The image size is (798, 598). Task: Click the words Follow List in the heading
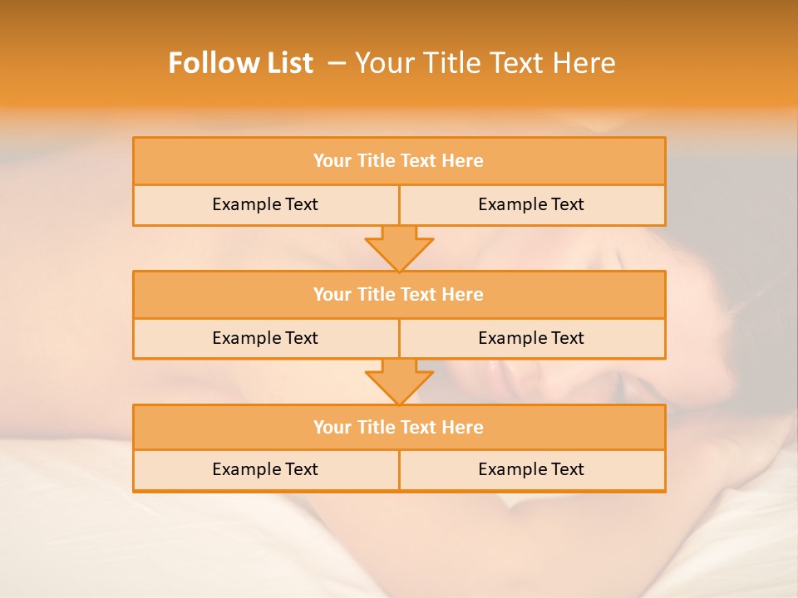[x=240, y=63]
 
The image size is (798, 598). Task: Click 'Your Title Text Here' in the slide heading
[x=485, y=63]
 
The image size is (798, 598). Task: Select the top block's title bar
[x=399, y=161]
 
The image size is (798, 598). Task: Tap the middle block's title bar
[x=399, y=294]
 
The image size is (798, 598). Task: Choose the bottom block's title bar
[x=399, y=427]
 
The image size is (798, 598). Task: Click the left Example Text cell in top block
[x=265, y=204]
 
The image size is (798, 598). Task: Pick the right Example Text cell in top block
[x=531, y=204]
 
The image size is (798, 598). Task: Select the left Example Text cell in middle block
[x=265, y=338]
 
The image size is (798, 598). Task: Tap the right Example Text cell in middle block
[x=531, y=338]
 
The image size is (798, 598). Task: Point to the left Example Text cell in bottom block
[x=265, y=469]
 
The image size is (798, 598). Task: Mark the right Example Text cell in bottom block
[x=531, y=469]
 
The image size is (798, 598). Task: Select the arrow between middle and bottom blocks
[x=399, y=381]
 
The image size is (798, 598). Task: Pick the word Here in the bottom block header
[x=462, y=427]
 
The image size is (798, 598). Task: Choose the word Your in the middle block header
[x=332, y=294]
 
